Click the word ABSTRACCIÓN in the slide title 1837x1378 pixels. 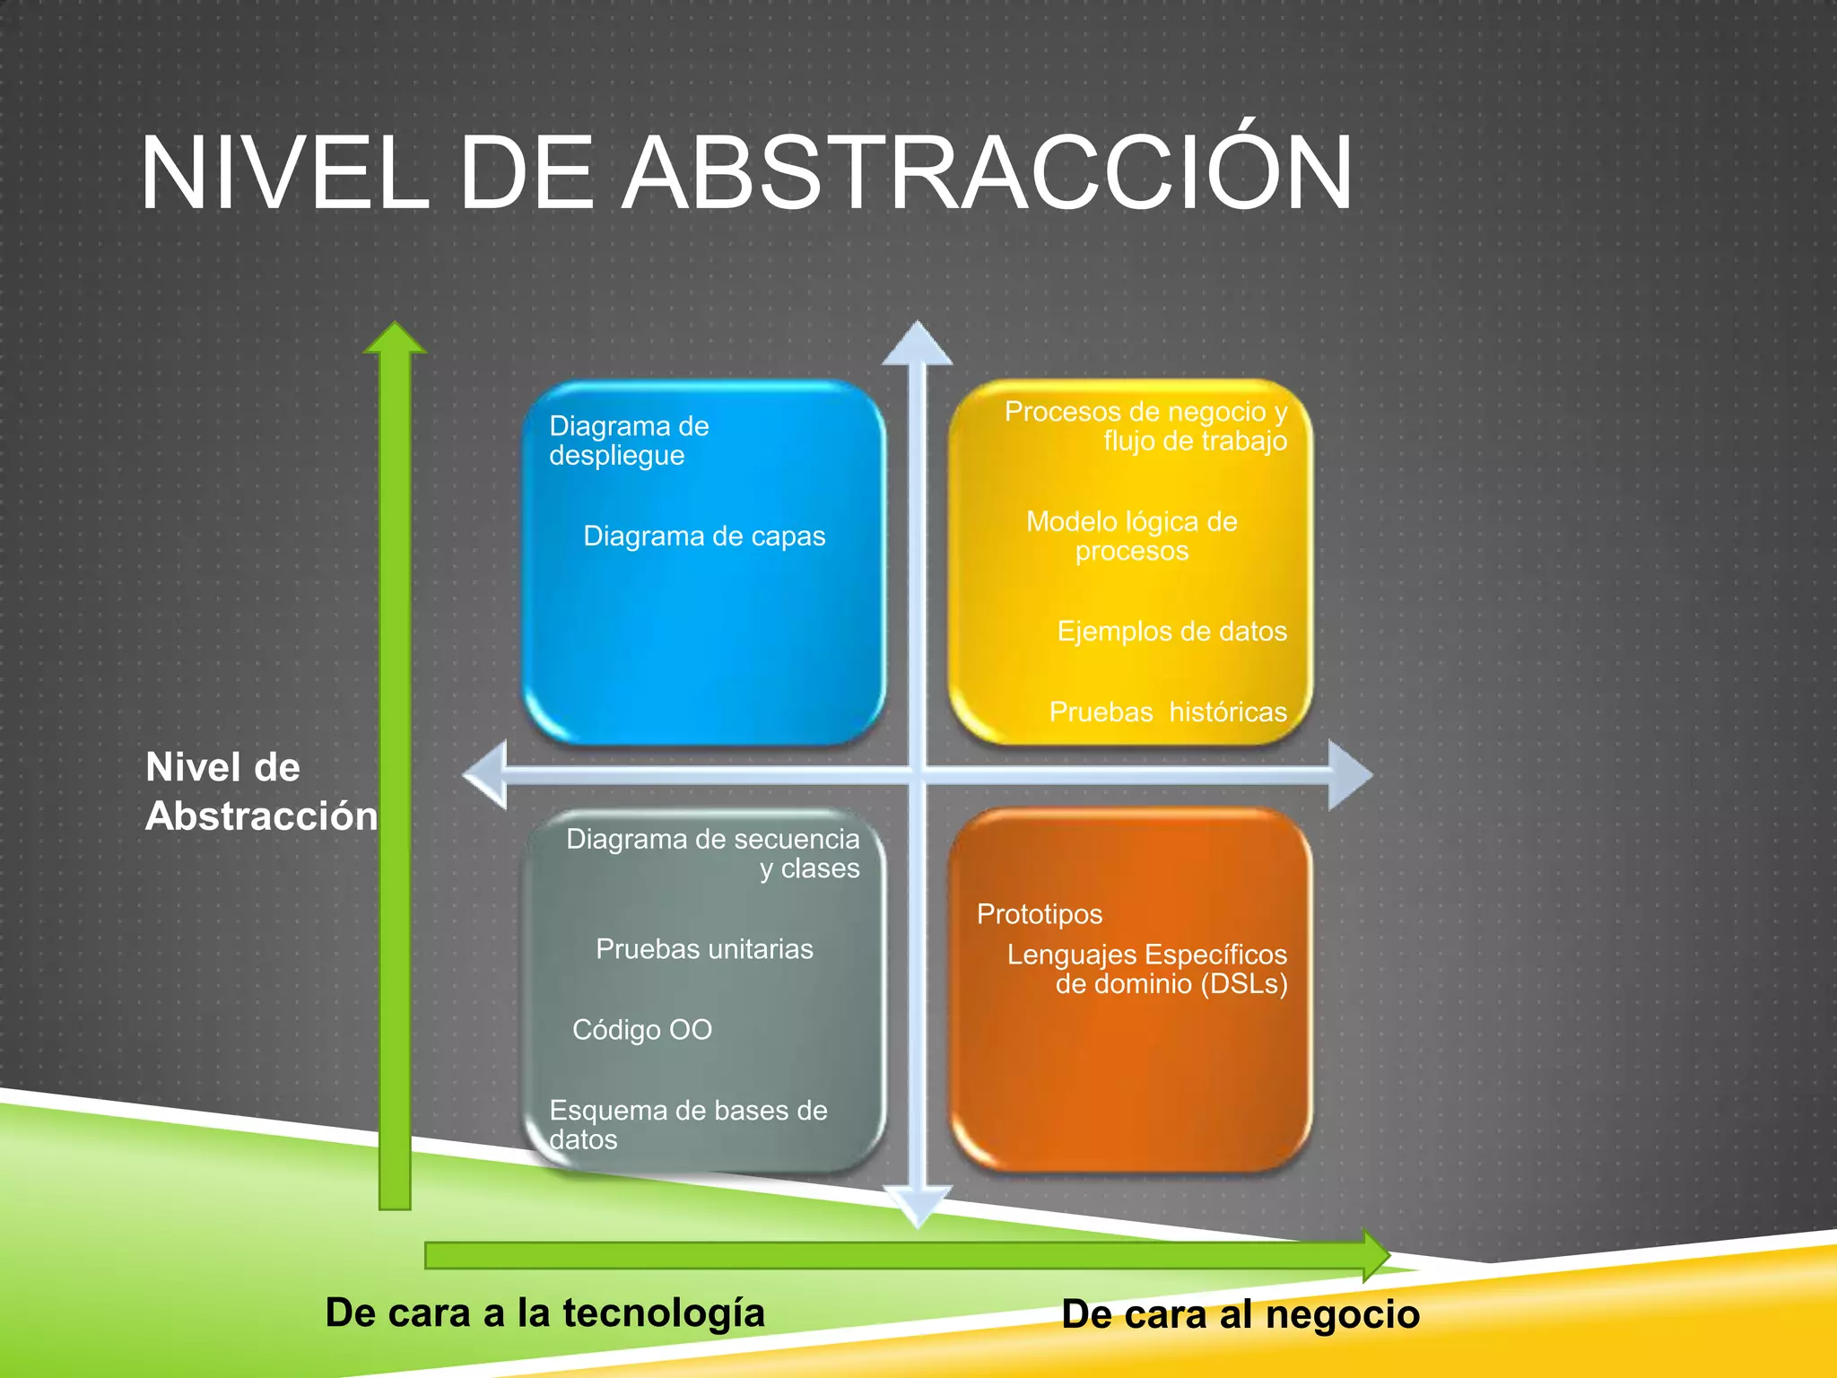(987, 172)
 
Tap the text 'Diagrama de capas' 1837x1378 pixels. (704, 536)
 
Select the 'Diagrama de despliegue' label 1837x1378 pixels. (629, 440)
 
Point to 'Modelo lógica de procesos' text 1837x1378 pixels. (1131, 536)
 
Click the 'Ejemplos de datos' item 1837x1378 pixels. (1171, 632)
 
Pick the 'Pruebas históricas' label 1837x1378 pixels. (1168, 712)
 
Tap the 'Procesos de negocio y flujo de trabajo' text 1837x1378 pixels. (1145, 426)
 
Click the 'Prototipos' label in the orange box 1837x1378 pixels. (1039, 914)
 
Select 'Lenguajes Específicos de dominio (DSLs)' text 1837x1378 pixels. (1147, 969)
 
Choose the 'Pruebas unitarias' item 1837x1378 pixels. (704, 949)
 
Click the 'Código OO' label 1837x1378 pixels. (642, 1030)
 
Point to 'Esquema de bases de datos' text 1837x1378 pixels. (688, 1124)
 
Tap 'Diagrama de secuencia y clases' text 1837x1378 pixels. (713, 853)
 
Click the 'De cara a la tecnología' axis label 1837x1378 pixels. (544, 1313)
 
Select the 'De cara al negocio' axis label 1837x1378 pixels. (1241, 1314)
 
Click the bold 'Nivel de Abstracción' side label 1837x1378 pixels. (261, 791)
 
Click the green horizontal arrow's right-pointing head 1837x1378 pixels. (1376, 1255)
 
